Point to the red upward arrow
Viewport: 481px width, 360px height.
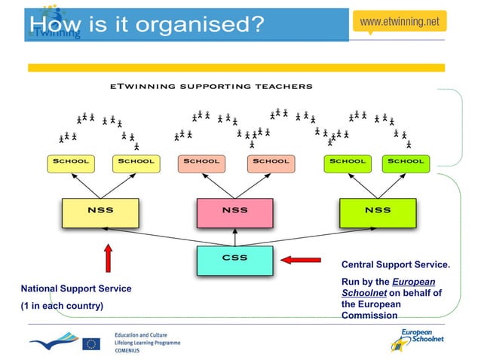click(x=108, y=257)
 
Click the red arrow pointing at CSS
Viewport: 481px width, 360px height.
click(x=301, y=261)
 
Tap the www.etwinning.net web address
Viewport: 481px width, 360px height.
click(x=400, y=22)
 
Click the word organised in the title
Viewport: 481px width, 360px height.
click(x=198, y=24)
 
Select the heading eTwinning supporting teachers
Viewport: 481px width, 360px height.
click(x=211, y=87)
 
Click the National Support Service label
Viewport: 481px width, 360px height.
click(x=75, y=288)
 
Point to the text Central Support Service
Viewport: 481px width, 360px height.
click(x=396, y=265)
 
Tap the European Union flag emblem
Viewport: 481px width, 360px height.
click(x=91, y=344)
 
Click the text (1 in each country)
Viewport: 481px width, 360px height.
click(x=62, y=306)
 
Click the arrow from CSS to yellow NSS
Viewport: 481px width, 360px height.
click(x=151, y=236)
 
